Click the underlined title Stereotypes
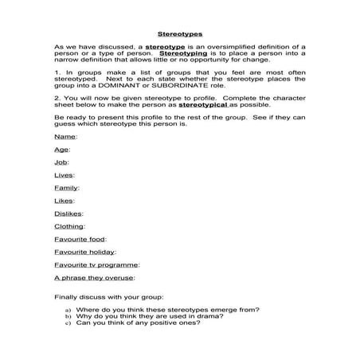[x=179, y=35]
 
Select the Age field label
[x=60, y=149]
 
